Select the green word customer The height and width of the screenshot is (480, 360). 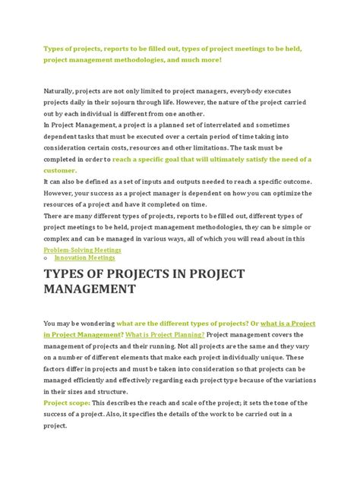click(x=61, y=172)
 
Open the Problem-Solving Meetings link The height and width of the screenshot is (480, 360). click(x=82, y=249)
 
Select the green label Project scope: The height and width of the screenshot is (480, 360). click(x=66, y=403)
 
